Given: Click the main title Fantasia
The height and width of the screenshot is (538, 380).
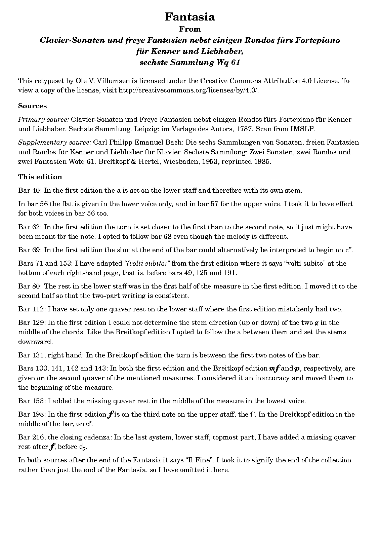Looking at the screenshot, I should click(x=190, y=17).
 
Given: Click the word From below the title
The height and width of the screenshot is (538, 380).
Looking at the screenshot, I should click(x=190, y=29).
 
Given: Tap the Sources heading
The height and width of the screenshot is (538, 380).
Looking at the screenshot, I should click(x=32, y=106).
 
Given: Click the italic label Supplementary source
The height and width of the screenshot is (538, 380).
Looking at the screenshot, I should click(x=54, y=142).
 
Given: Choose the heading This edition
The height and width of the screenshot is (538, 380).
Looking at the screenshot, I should click(x=40, y=177).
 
